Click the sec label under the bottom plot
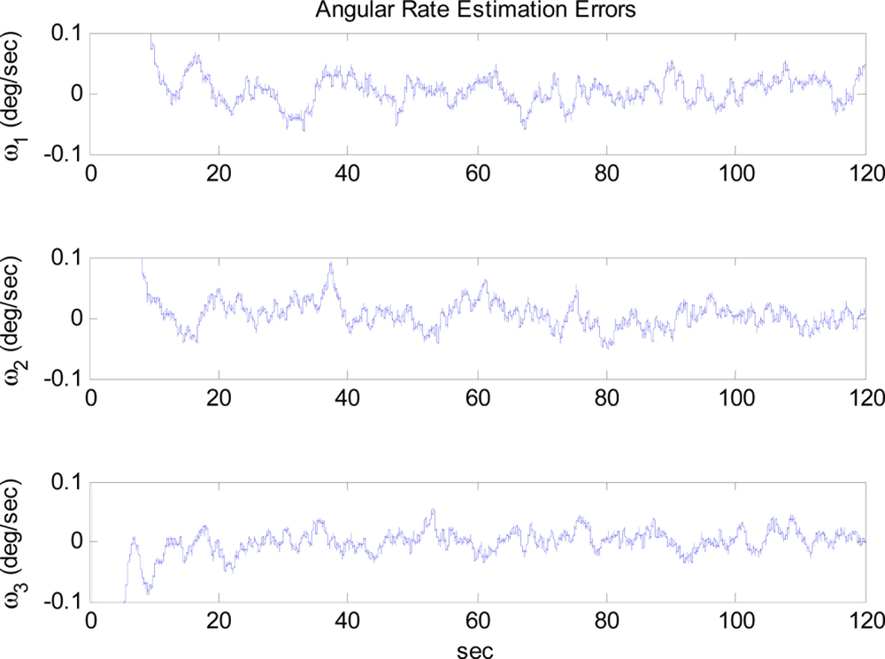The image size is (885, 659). tap(478, 649)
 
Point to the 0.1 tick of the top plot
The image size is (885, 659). tap(67, 34)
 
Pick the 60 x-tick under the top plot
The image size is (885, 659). tap(478, 173)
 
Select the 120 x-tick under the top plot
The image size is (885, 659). tap(864, 173)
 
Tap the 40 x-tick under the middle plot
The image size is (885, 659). tap(349, 398)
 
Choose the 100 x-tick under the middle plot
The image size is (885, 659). tap(735, 398)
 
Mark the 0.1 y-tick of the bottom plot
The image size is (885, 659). tap(67, 482)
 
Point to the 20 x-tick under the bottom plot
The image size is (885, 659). tap(219, 622)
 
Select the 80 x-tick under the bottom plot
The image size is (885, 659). tap(606, 622)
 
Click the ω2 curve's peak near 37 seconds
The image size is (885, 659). tap(331, 264)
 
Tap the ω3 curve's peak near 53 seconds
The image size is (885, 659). tap(433, 510)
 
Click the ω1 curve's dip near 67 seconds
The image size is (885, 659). tap(524, 129)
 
